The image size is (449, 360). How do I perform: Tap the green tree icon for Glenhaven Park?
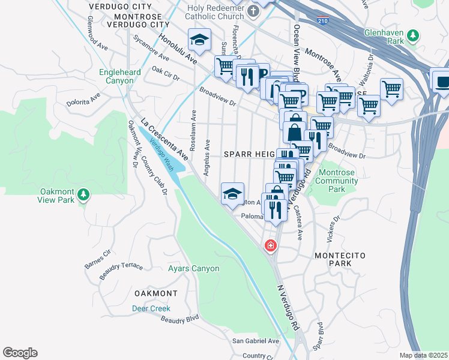pyautogui.click(x=412, y=36)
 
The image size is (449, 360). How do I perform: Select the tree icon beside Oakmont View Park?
pyautogui.click(x=83, y=194)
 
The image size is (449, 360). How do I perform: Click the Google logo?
pyautogui.click(x=20, y=353)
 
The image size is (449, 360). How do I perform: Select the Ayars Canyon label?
pyautogui.click(x=193, y=268)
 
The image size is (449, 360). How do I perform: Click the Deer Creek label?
pyautogui.click(x=151, y=308)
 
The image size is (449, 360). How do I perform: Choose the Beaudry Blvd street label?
pyautogui.click(x=179, y=319)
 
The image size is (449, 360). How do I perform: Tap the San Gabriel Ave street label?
pyautogui.click(x=256, y=341)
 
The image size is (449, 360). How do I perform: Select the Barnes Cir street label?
pyautogui.click(x=98, y=257)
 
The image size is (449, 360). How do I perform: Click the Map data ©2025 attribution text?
pyautogui.click(x=423, y=355)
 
